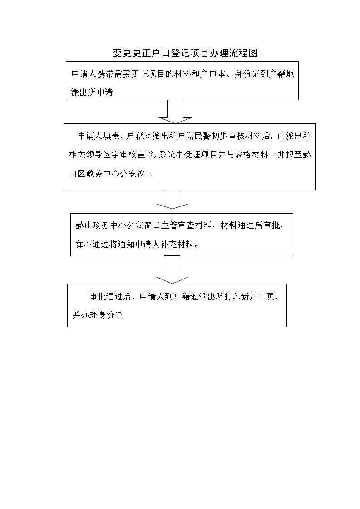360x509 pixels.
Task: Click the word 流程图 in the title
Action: click(x=243, y=53)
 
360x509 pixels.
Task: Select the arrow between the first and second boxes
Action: click(x=175, y=112)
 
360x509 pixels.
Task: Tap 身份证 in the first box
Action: click(x=247, y=74)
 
